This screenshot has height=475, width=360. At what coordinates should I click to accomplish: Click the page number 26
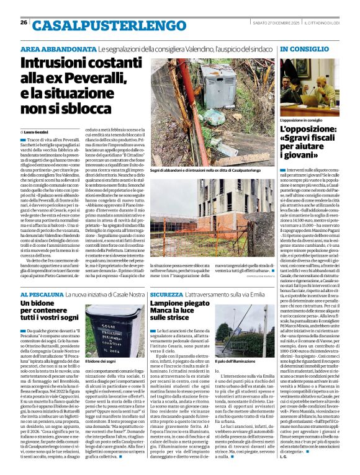pos(24,22)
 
